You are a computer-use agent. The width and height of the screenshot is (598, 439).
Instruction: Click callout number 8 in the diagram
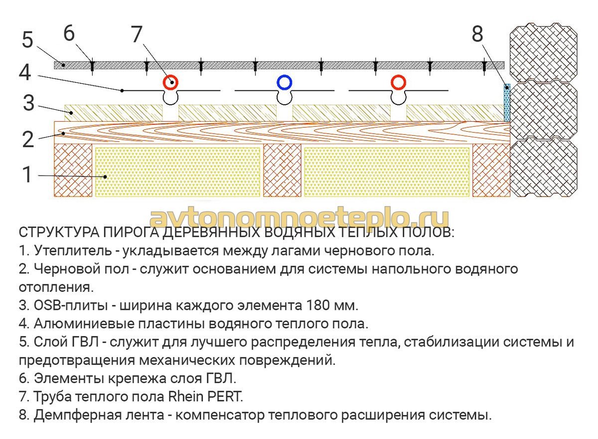[477, 34]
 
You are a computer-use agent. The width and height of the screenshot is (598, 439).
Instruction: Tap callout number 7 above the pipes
[137, 34]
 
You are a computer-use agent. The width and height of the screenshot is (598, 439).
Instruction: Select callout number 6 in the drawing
[69, 33]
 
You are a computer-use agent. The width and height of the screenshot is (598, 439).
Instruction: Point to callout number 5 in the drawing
[27, 40]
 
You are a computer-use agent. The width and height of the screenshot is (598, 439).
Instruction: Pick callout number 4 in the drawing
[25, 72]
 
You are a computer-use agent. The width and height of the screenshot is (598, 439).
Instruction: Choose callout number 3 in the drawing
[28, 103]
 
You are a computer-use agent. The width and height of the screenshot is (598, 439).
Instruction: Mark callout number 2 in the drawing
[28, 139]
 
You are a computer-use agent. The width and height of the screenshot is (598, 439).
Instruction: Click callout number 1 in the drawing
[27, 175]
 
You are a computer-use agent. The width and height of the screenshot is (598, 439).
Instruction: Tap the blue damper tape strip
[507, 103]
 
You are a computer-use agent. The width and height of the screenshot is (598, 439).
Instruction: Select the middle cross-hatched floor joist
[282, 171]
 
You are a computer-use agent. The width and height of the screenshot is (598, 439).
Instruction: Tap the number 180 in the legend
[317, 306]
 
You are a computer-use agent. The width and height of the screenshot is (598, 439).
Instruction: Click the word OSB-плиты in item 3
[71, 306]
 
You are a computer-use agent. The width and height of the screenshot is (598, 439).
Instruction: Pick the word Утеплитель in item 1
[73, 250]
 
